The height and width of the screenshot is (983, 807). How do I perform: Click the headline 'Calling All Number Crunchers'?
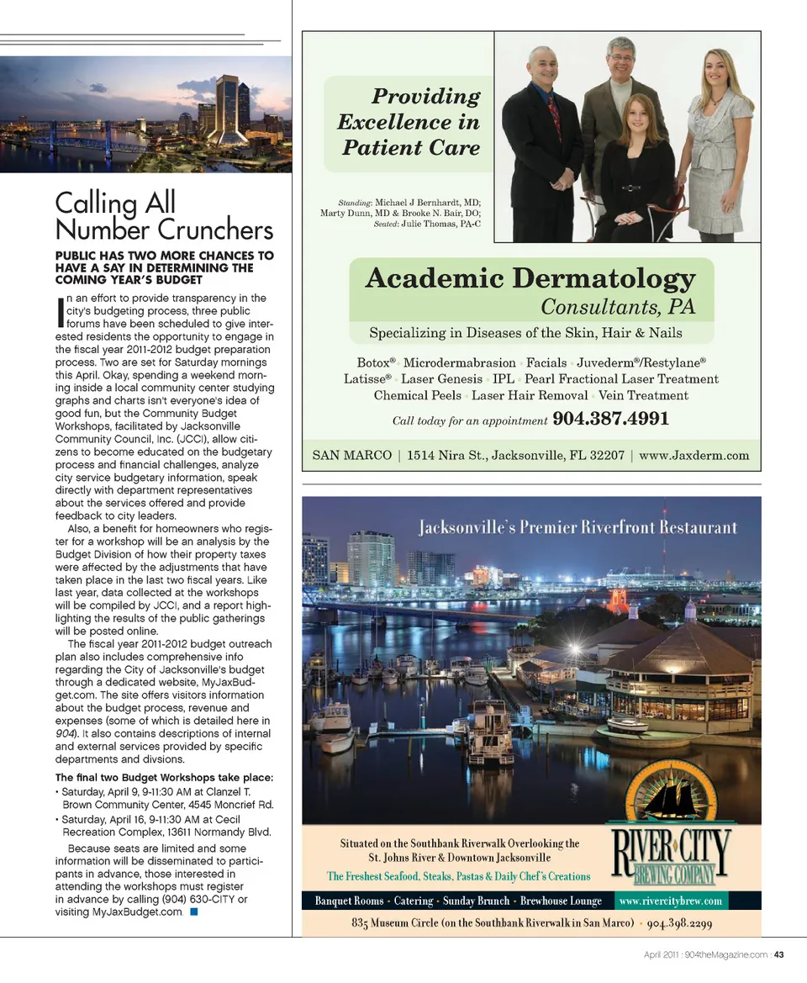[164, 216]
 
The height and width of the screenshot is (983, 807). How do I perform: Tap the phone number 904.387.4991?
[610, 419]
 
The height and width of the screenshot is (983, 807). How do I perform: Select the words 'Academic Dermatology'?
[530, 278]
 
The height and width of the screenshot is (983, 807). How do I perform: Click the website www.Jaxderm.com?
[694, 456]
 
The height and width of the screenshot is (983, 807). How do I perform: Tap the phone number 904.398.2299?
[681, 923]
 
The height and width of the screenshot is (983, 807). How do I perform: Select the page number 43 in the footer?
[778, 954]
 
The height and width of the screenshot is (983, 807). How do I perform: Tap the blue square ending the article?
[194, 912]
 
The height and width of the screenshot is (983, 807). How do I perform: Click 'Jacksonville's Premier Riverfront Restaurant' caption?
[578, 528]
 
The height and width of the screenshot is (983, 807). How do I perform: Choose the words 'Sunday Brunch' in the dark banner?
[476, 901]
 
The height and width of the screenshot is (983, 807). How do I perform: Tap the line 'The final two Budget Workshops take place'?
[164, 776]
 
